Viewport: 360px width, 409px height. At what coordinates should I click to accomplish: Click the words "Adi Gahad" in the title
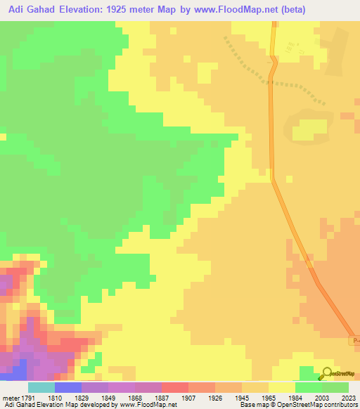coord(27,10)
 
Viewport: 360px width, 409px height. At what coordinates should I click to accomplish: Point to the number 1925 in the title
coord(120,10)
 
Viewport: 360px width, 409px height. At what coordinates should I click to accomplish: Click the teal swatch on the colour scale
coord(41,388)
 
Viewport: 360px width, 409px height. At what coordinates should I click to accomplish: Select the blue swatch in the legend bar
coord(68,388)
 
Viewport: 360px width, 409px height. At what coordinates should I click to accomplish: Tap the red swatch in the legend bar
coord(175,388)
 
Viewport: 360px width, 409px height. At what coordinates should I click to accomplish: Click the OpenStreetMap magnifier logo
coord(326,374)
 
